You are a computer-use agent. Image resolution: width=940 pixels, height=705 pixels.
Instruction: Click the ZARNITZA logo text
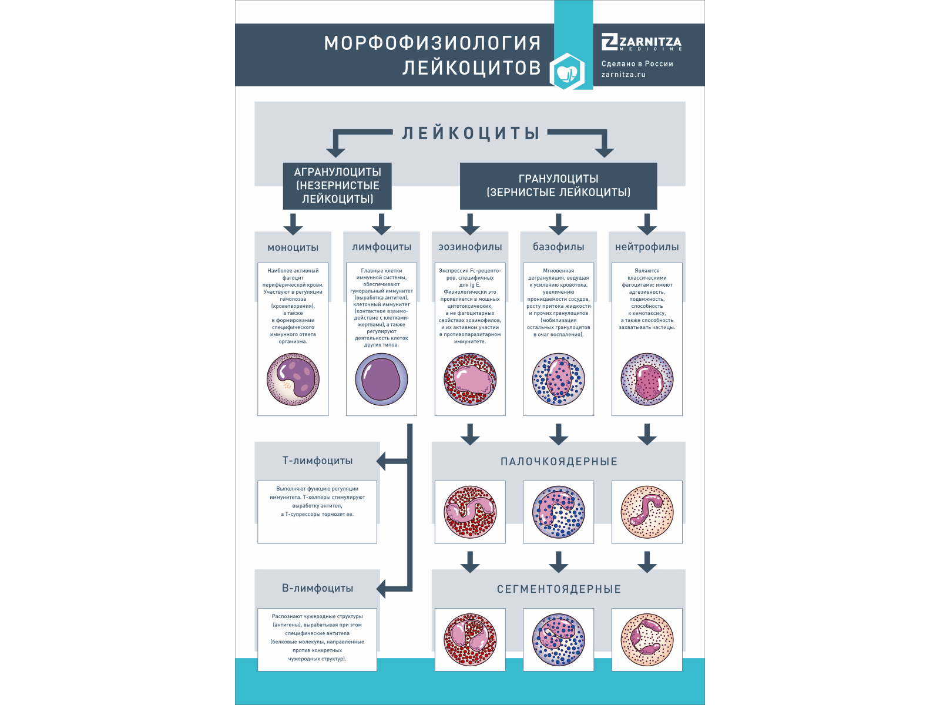click(x=642, y=42)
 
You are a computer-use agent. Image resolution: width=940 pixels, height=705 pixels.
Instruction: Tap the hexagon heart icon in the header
click(x=567, y=72)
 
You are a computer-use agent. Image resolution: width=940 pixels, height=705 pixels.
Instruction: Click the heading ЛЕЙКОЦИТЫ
click(x=471, y=133)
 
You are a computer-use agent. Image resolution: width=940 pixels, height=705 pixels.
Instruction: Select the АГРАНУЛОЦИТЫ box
click(x=337, y=186)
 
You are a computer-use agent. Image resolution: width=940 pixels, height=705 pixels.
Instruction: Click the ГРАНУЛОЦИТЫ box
click(x=558, y=186)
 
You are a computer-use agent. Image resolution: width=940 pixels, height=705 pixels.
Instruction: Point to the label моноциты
click(x=293, y=247)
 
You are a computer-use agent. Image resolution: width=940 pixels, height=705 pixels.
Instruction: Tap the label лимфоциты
click(x=381, y=247)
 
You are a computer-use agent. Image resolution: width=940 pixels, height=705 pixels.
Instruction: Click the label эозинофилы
click(x=470, y=247)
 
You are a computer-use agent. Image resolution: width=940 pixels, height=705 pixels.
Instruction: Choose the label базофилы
click(x=558, y=247)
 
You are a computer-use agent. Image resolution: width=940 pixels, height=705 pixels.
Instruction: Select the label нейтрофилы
click(x=647, y=247)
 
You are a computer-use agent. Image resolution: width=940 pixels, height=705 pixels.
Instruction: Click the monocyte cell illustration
click(x=293, y=380)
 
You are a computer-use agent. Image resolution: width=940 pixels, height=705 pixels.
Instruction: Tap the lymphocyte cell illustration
click(x=381, y=380)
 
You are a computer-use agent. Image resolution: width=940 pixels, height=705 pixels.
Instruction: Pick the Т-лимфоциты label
click(x=317, y=461)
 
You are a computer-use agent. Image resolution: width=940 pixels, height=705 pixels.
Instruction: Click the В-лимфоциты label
click(x=317, y=589)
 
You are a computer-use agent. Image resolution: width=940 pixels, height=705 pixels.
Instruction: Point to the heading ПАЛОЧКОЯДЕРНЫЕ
click(x=559, y=462)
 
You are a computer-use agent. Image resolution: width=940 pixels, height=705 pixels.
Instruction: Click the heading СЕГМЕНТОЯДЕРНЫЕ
click(x=559, y=589)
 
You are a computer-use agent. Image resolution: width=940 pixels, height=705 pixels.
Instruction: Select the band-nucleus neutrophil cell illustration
click(x=647, y=512)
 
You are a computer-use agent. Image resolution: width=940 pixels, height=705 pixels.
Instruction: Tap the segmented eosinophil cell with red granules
click(x=470, y=640)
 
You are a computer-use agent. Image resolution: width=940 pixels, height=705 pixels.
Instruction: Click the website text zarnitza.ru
click(x=623, y=75)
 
